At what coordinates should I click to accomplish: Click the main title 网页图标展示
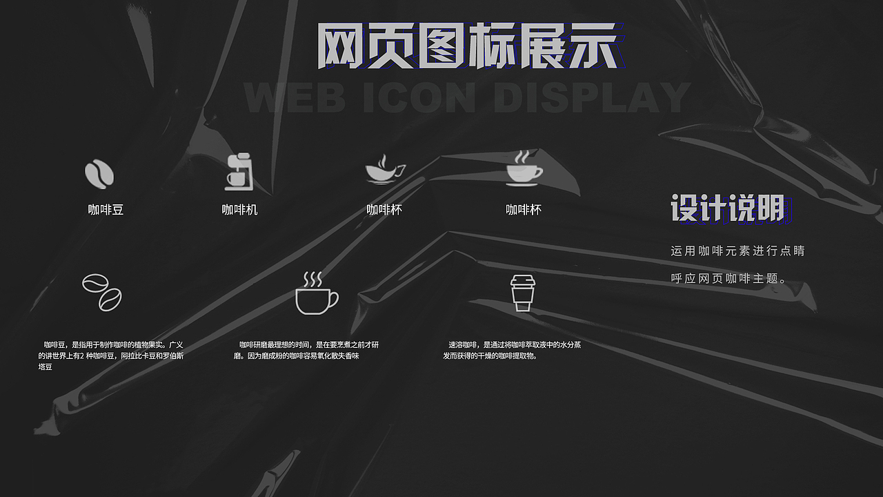466,46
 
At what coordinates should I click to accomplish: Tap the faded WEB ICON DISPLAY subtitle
468,97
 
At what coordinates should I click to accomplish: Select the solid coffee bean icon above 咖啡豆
99,173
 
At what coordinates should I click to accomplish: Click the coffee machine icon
239,172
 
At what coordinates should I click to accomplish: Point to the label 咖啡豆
106,210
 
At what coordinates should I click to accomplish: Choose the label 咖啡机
239,210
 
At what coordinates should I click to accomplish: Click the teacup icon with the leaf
384,170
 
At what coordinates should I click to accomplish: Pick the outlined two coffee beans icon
102,292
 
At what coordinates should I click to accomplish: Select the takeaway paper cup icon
522,293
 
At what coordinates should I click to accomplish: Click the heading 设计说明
727,208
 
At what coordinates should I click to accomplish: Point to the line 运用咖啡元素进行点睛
737,251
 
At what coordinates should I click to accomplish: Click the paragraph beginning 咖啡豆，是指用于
110,355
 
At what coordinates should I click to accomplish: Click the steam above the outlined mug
313,279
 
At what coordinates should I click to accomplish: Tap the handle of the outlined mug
333,299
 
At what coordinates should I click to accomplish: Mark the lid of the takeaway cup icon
522,280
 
